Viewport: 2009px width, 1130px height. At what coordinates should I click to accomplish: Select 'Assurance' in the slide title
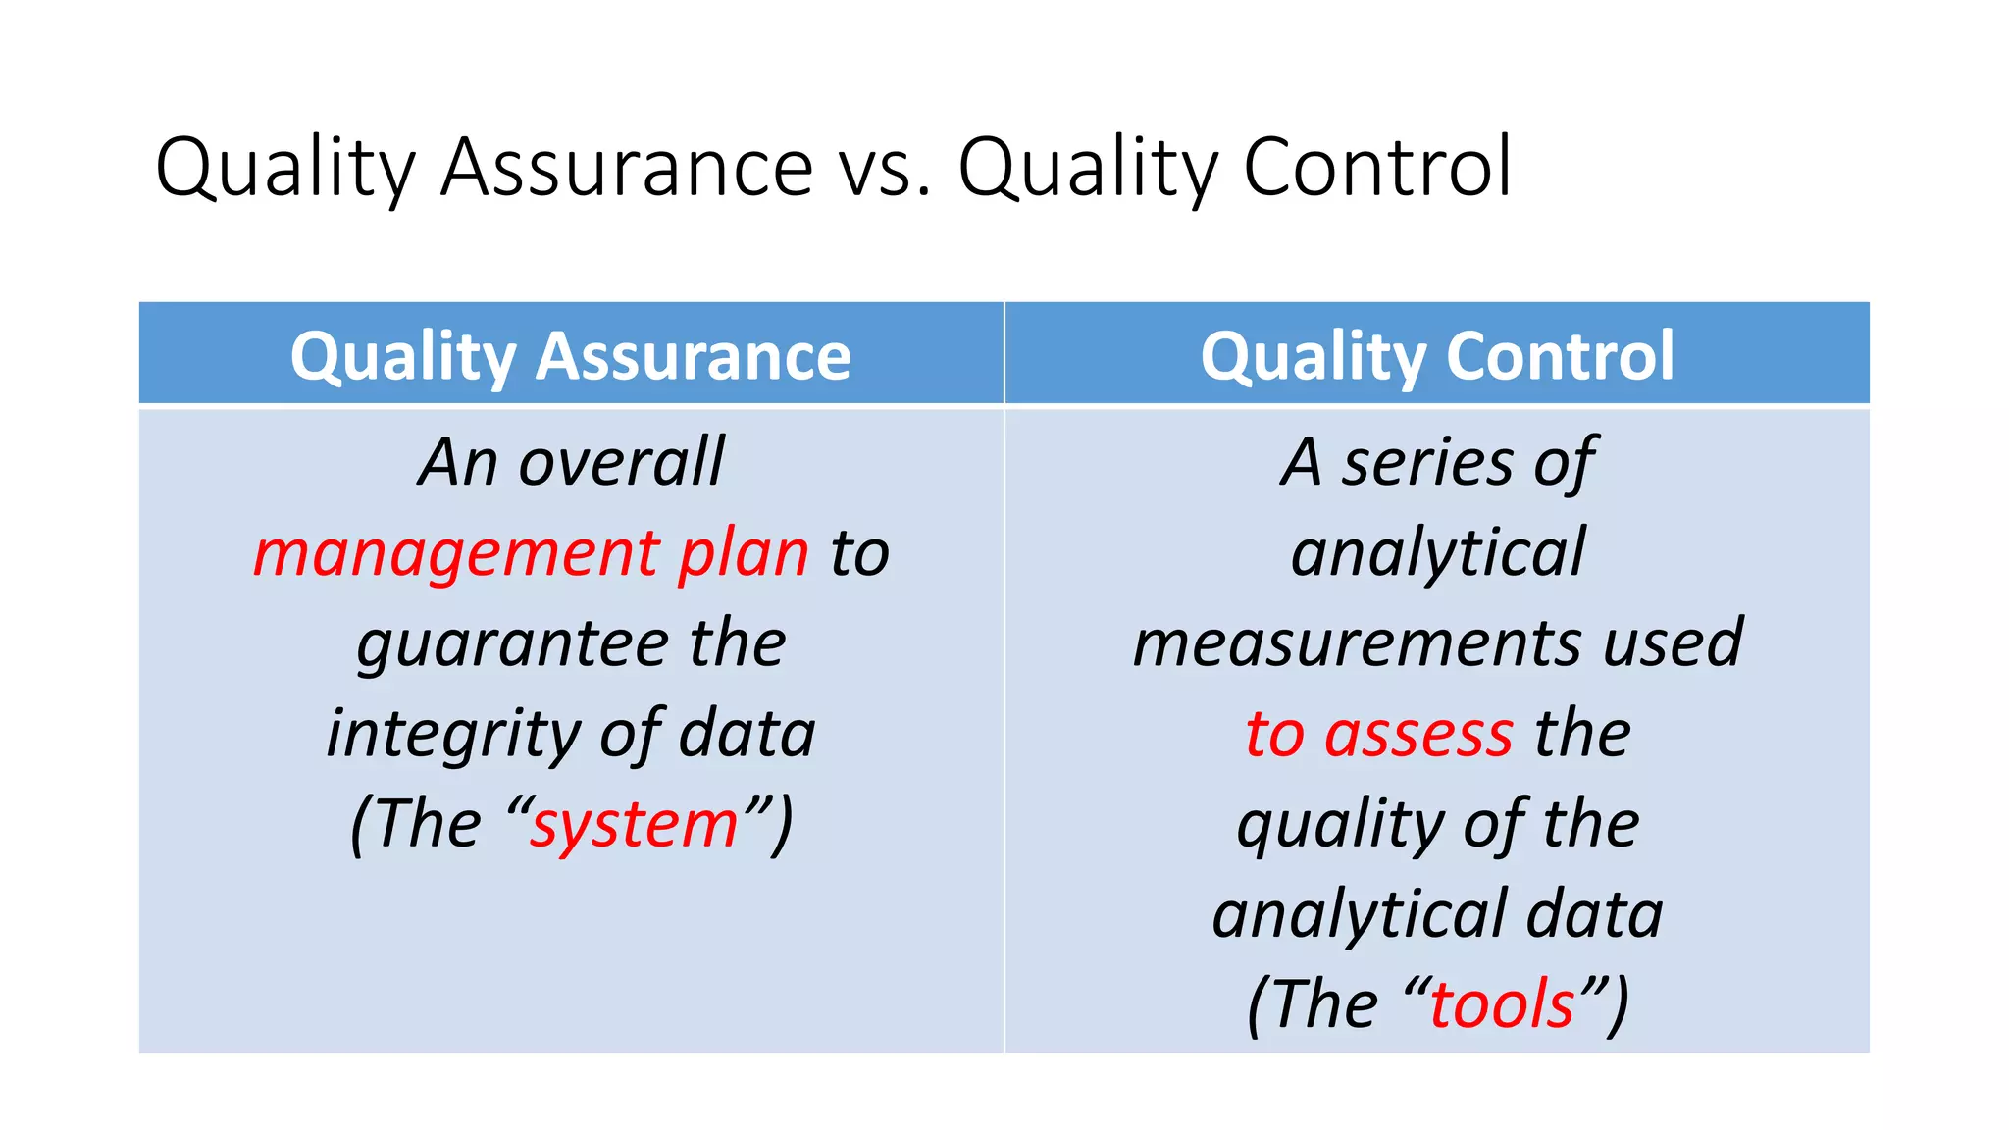[627, 169]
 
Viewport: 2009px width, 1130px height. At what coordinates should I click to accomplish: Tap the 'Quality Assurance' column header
[571, 355]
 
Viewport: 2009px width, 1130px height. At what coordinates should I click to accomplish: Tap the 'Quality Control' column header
[1437, 355]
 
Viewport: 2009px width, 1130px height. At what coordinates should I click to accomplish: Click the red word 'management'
[456, 555]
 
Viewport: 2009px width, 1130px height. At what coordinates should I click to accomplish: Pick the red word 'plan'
[744, 553]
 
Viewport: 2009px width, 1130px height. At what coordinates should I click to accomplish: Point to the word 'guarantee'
[512, 645]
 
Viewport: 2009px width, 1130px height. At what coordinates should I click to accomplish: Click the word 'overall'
[621, 462]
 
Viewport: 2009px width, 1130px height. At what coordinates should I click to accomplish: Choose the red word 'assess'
[1418, 735]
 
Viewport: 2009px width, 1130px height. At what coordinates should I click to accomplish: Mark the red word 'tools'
[1502, 1005]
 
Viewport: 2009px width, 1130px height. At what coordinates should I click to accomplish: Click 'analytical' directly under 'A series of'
[1437, 553]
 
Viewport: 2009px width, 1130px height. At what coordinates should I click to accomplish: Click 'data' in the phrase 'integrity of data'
[747, 735]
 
